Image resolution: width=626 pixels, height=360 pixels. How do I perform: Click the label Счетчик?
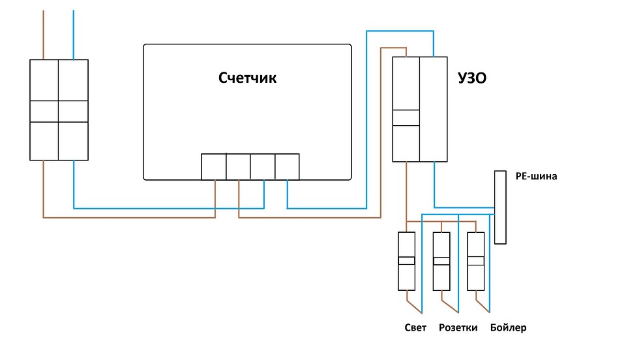[247, 78]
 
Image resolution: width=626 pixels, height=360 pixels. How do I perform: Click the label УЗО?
[473, 79]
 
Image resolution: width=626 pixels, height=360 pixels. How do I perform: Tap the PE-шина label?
[537, 175]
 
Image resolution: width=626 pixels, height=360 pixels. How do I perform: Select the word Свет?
[415, 327]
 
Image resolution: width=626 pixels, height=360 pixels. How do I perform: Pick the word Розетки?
[458, 327]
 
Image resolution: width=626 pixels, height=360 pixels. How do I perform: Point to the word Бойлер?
[508, 327]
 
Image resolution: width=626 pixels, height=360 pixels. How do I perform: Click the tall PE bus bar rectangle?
[500, 207]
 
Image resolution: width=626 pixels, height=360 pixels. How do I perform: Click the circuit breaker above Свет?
[407, 261]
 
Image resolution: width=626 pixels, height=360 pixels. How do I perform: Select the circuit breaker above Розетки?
[441, 261]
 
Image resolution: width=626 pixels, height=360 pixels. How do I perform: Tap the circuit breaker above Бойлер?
[476, 261]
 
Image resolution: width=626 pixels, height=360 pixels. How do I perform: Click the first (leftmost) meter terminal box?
[213, 167]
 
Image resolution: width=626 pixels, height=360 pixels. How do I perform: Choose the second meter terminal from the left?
[238, 167]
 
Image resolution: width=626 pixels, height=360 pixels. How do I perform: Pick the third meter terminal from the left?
[263, 167]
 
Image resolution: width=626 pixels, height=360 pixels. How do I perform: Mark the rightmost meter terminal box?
[287, 167]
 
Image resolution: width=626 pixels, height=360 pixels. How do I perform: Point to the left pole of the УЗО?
[406, 109]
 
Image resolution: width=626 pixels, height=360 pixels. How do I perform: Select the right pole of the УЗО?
[434, 109]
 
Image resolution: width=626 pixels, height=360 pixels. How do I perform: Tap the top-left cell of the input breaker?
[44, 80]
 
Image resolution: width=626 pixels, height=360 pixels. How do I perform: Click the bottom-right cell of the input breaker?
[73, 140]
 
